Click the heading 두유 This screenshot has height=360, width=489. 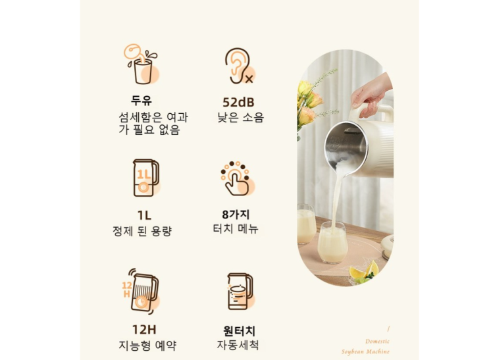tap(142, 101)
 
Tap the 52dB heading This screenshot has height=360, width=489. tap(238, 102)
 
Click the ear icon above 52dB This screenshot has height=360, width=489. tap(239, 66)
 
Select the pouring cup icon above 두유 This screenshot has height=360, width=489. tap(142, 64)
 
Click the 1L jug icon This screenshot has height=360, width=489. tap(146, 178)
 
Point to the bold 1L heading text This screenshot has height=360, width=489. tap(144, 215)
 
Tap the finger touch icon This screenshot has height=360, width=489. tap(238, 179)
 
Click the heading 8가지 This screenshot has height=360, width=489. tap(236, 215)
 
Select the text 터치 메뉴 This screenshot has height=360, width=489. tap(236, 228)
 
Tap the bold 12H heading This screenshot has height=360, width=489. tap(144, 330)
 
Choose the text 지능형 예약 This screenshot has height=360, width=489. tap(147, 346)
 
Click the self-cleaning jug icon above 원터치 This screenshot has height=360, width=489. tap(240, 292)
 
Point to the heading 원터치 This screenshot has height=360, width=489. tap(239, 330)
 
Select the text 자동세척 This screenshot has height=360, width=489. tap(238, 345)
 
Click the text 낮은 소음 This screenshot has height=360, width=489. tap(240, 117)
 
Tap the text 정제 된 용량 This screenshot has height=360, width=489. tap(142, 231)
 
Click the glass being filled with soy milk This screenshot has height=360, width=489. tap(332, 243)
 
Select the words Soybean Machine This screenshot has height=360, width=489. tap(365, 351)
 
